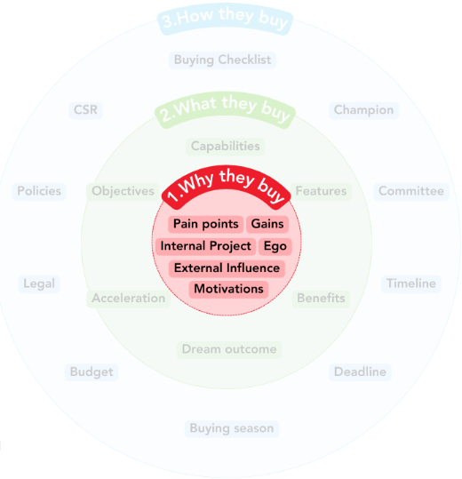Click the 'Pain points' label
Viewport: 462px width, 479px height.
205,224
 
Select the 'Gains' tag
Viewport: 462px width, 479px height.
267,224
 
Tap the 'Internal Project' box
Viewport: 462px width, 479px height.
205,246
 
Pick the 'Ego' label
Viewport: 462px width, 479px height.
275,246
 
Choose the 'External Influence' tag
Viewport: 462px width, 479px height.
227,268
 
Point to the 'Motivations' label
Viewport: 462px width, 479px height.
228,289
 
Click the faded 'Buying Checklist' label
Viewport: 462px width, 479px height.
223,60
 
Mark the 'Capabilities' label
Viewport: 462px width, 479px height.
226,147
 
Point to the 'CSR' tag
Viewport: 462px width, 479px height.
85,110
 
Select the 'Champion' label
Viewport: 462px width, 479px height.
363,110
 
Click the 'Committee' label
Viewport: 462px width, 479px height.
411,191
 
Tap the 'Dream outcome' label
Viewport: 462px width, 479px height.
229,349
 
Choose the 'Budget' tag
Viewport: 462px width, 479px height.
92,372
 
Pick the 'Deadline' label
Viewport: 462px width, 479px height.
360,372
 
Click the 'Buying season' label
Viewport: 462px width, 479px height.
232,428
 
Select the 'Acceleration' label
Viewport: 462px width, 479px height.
129,299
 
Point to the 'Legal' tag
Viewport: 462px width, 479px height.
39,283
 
